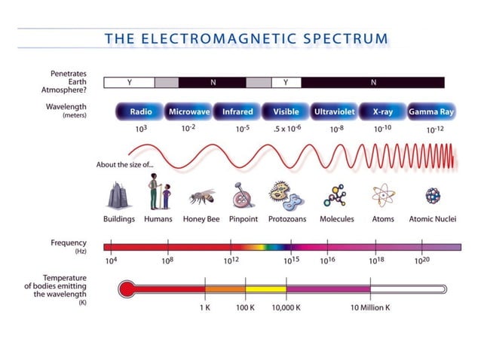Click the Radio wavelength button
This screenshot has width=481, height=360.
(140, 111)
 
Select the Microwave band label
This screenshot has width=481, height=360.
(188, 111)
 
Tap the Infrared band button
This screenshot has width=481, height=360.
(237, 111)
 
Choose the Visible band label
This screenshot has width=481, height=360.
(286, 111)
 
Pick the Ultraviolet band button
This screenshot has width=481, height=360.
(334, 111)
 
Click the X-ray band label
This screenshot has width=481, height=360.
(382, 111)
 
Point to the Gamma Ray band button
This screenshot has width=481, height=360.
(430, 111)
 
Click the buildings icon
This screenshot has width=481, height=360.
(118, 196)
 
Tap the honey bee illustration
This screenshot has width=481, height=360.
(201, 198)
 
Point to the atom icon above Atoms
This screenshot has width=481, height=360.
(383, 196)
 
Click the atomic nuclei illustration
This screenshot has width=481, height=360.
(432, 196)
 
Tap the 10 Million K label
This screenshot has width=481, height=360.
(369, 307)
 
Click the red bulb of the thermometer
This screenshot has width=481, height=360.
(127, 288)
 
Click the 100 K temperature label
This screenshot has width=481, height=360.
(246, 307)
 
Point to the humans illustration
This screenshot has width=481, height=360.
(158, 192)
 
